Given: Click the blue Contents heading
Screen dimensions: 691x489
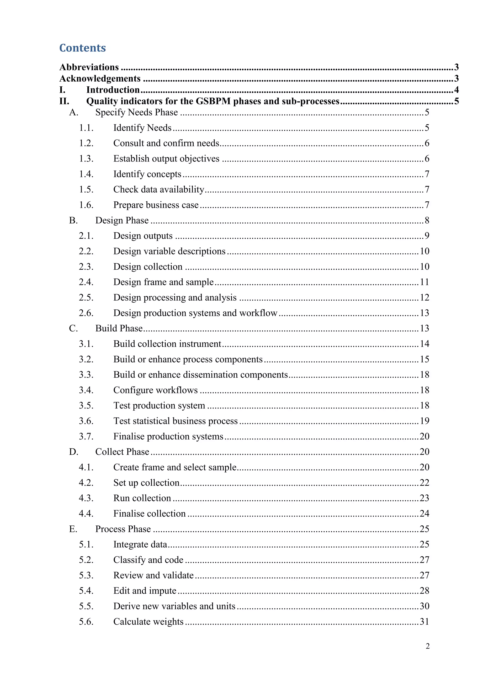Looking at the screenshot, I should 83,48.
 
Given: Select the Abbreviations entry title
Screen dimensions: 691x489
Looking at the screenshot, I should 89,67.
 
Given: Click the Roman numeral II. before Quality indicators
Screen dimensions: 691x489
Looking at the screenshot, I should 64,101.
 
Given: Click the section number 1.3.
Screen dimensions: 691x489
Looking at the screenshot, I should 86,159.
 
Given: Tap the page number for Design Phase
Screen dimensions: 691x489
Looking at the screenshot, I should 427,220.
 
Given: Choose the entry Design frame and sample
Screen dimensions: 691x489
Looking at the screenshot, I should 164,282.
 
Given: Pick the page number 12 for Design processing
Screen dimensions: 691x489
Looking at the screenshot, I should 425,298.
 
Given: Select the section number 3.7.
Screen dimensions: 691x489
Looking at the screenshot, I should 86,436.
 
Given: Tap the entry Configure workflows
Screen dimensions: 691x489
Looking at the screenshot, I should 155,390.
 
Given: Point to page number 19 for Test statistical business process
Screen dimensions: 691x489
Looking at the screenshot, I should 425,421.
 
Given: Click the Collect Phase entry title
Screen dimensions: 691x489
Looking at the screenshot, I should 122,452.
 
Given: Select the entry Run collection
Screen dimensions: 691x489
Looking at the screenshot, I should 142,498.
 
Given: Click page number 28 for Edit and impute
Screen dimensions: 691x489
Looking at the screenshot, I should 425,591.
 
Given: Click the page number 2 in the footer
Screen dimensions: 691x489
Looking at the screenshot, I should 428,646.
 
